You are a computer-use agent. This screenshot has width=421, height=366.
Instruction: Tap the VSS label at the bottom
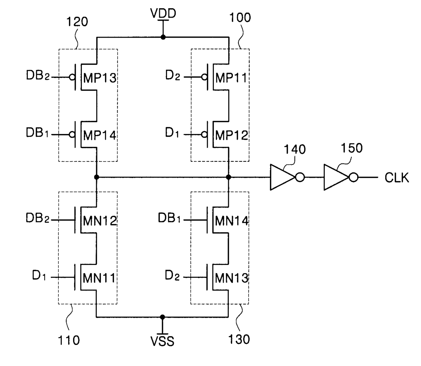pyautogui.click(x=162, y=341)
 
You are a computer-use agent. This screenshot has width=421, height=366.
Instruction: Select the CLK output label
pyautogui.click(x=397, y=177)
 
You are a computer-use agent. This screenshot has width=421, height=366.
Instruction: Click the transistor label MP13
pyautogui.click(x=99, y=78)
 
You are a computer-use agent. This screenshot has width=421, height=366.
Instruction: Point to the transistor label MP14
pyautogui.click(x=99, y=135)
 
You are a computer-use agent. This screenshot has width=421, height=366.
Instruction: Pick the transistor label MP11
pyautogui.click(x=231, y=78)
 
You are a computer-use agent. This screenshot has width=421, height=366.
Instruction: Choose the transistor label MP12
pyautogui.click(x=232, y=135)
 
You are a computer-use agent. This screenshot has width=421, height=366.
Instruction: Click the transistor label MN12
pyautogui.click(x=100, y=221)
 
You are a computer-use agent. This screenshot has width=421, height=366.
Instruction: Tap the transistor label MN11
pyautogui.click(x=99, y=278)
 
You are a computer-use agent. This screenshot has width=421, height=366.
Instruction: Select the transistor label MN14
pyautogui.click(x=232, y=221)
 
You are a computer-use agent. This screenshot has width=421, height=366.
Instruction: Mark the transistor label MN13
pyautogui.click(x=232, y=278)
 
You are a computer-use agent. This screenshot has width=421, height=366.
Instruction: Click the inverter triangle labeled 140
pyautogui.click(x=283, y=177)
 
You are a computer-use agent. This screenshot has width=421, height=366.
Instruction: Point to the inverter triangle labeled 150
pyautogui.click(x=336, y=177)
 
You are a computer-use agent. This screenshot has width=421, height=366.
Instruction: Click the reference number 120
pyautogui.click(x=77, y=22)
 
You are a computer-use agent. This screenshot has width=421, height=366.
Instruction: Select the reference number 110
pyautogui.click(x=69, y=340)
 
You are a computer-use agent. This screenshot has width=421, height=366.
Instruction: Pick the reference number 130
pyautogui.click(x=239, y=339)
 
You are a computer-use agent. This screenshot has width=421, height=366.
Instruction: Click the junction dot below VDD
pyautogui.click(x=163, y=37)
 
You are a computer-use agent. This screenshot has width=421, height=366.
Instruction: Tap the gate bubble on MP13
pyautogui.click(x=72, y=77)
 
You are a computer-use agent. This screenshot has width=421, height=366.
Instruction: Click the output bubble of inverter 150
pyautogui.click(x=353, y=177)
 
